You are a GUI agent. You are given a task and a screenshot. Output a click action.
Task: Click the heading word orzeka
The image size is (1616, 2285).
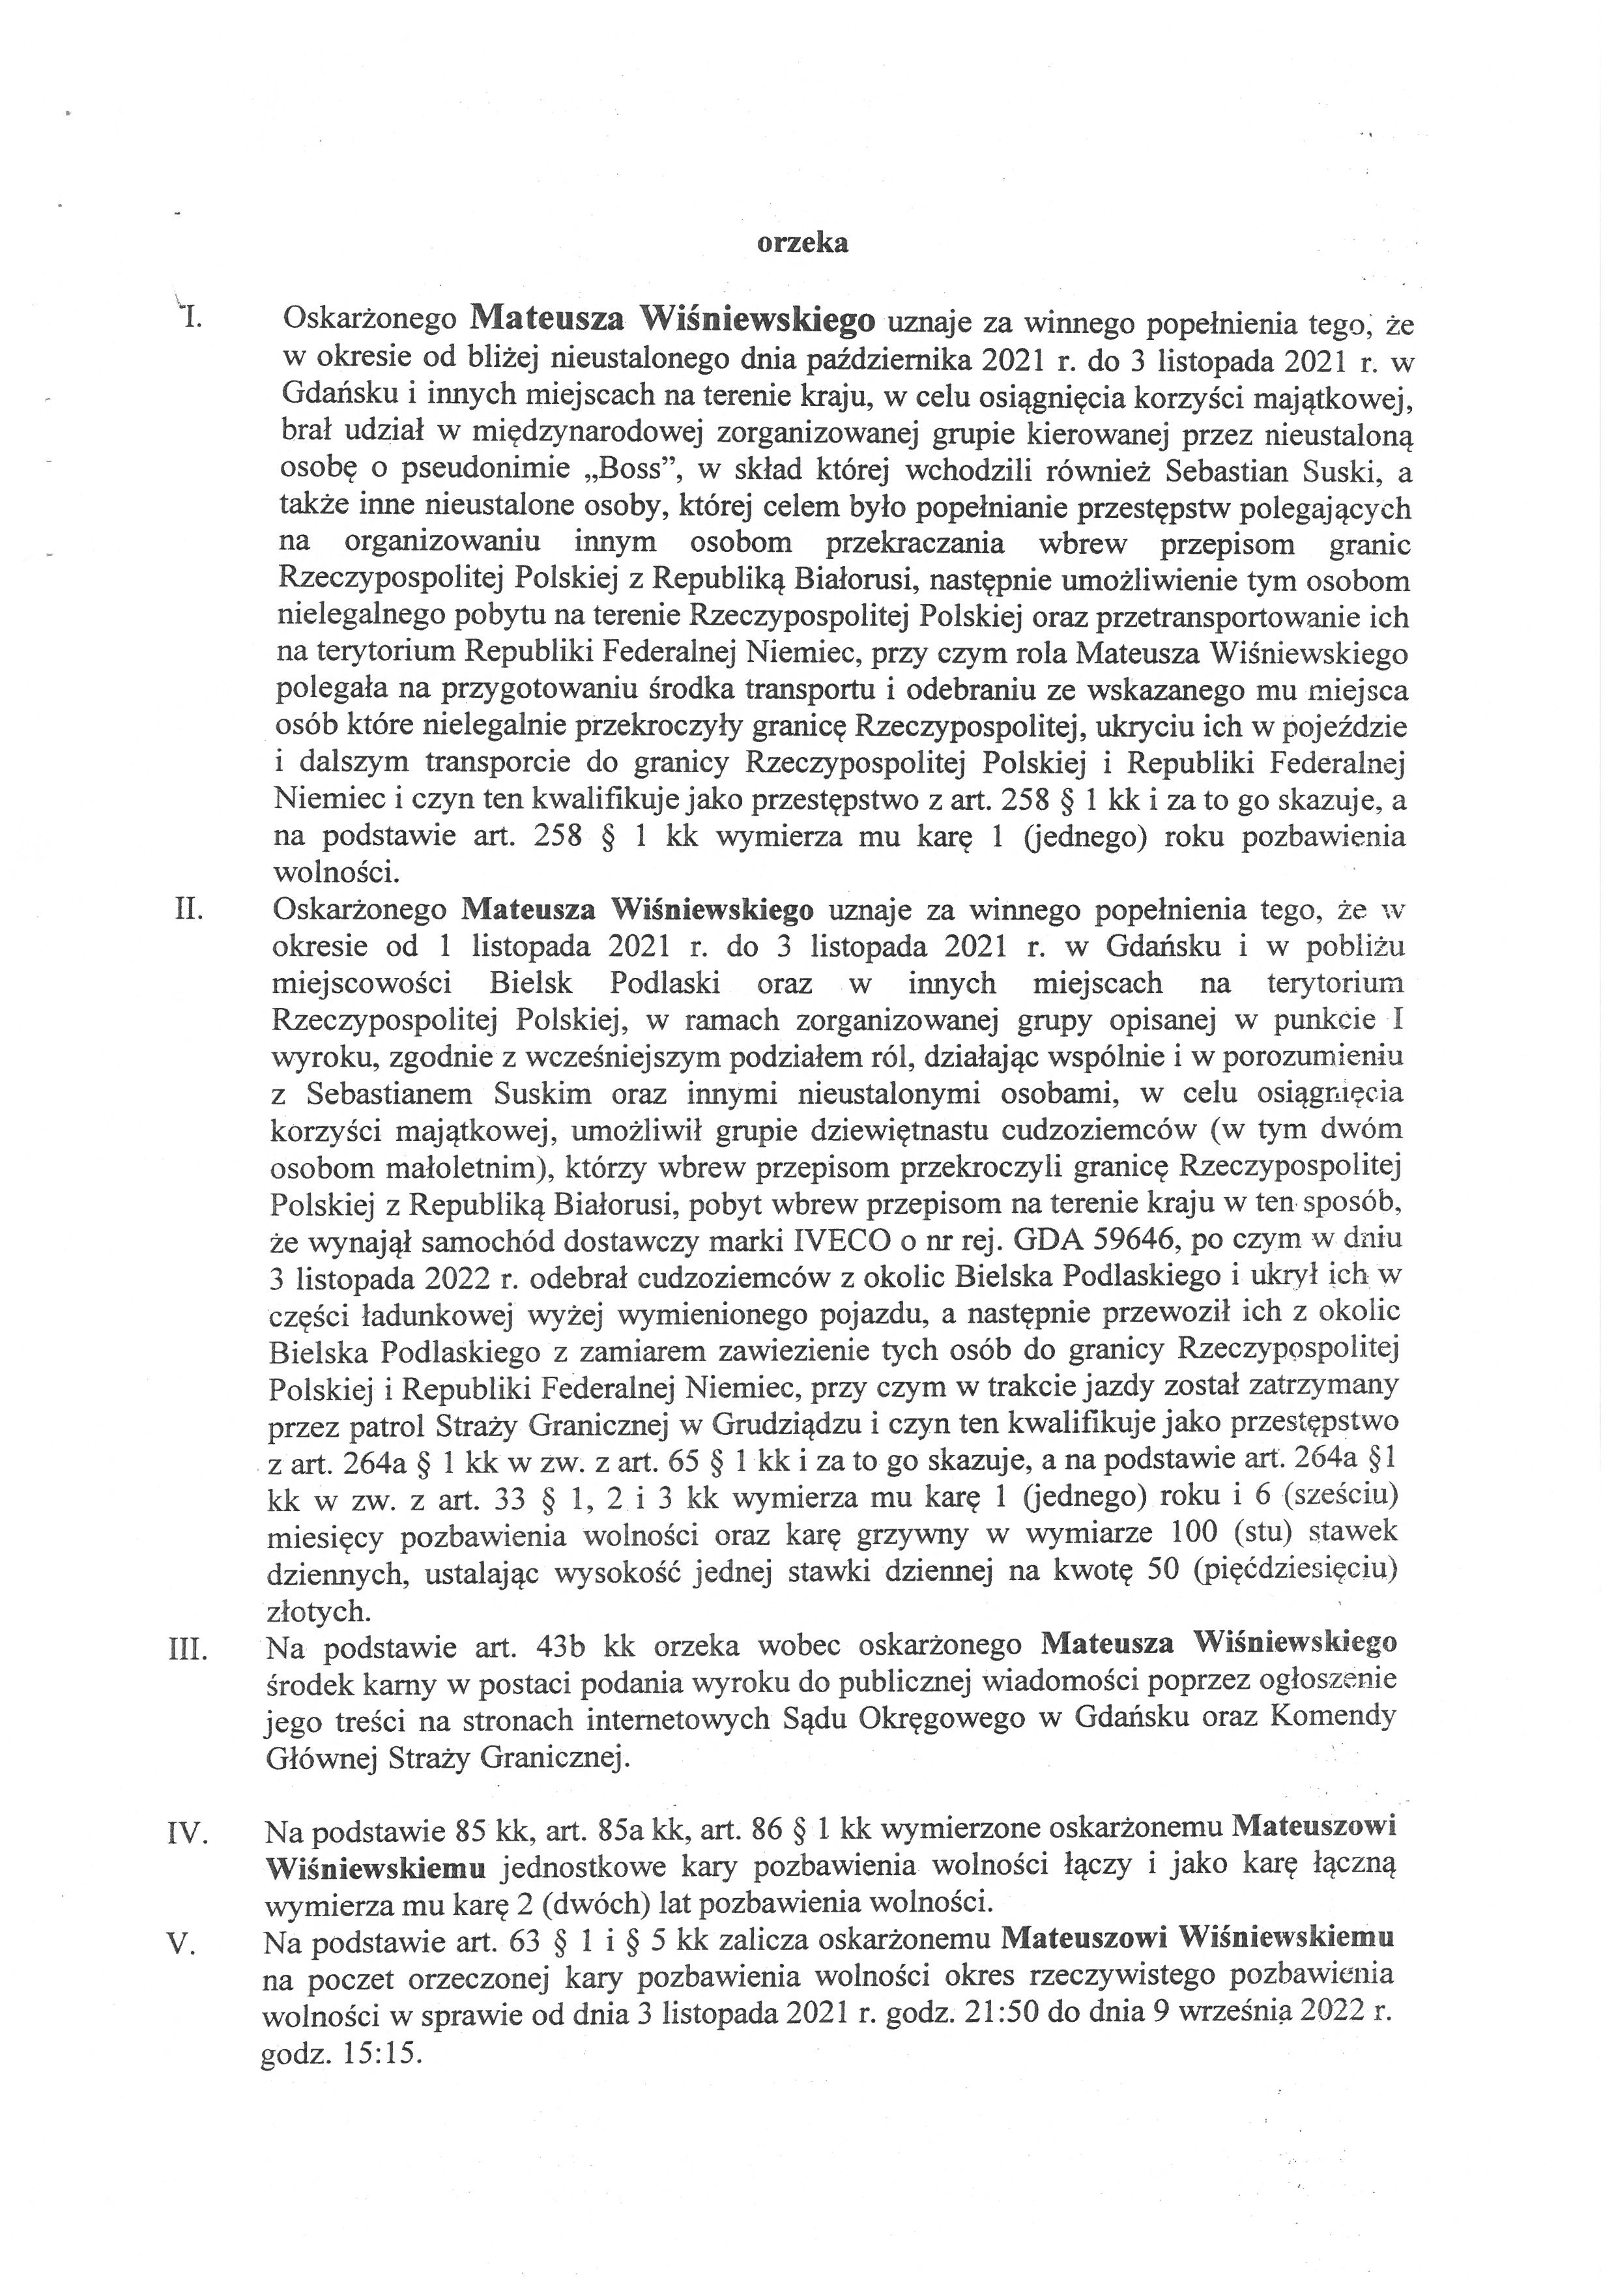click(x=803, y=243)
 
